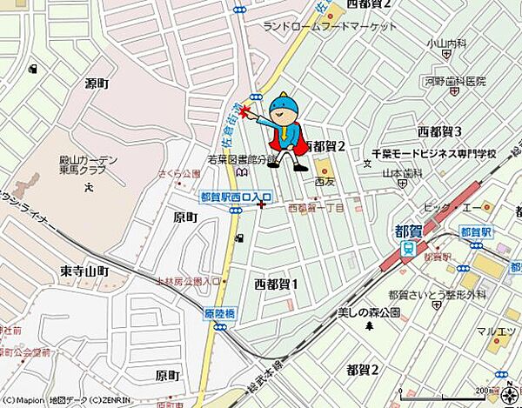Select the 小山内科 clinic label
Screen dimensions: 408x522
447,43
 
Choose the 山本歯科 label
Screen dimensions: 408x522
402,173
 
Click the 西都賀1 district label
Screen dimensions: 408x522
276,284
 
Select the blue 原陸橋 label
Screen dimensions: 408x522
221,312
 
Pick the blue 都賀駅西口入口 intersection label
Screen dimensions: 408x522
235,197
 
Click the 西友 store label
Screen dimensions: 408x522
324,183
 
